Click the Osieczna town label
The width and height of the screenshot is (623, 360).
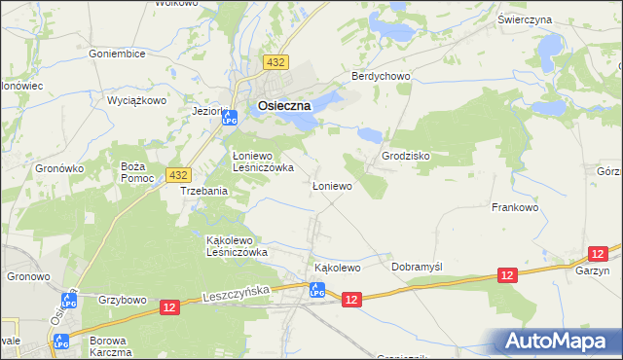tap(283, 106)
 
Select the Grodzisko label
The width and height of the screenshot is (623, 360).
tap(406, 156)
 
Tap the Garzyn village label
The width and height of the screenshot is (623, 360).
tap(591, 273)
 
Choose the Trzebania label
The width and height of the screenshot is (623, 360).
tap(204, 192)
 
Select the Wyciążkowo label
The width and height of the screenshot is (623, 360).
tap(137, 100)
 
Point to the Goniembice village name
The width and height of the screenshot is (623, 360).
tap(116, 54)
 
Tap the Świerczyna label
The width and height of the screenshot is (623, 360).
tap(552, 19)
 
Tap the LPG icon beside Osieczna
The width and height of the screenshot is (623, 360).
tap(230, 118)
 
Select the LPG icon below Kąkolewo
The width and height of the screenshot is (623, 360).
tap(316, 289)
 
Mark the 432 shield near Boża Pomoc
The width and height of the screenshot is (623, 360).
tap(177, 174)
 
